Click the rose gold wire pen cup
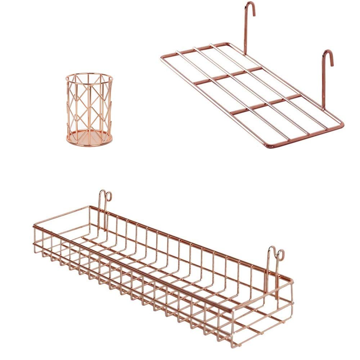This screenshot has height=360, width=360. pos(89,108)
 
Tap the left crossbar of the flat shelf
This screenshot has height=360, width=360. pos(216,77)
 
